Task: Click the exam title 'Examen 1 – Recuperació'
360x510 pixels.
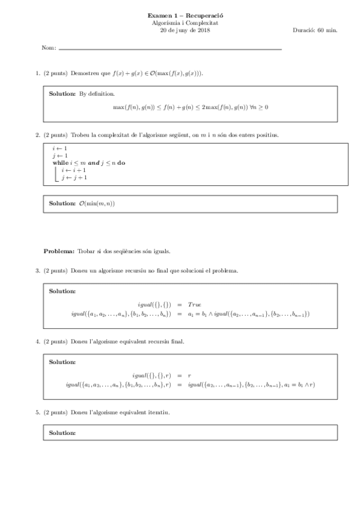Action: pos(181,15)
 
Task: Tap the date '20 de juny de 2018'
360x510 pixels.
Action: pos(181,29)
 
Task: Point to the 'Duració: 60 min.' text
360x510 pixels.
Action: pos(314,29)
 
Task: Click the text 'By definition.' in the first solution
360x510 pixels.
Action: pos(97,94)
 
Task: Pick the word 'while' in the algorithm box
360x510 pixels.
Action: pos(60,163)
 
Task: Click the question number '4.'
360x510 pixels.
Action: pos(38,342)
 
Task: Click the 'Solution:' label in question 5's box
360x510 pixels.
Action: pos(63,433)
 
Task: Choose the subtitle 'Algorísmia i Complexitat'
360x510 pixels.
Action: pos(181,22)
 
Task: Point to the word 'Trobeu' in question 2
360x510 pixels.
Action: pos(81,135)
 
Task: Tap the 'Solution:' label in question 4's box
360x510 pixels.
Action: pos(63,362)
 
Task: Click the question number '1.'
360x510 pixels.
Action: pos(38,73)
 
